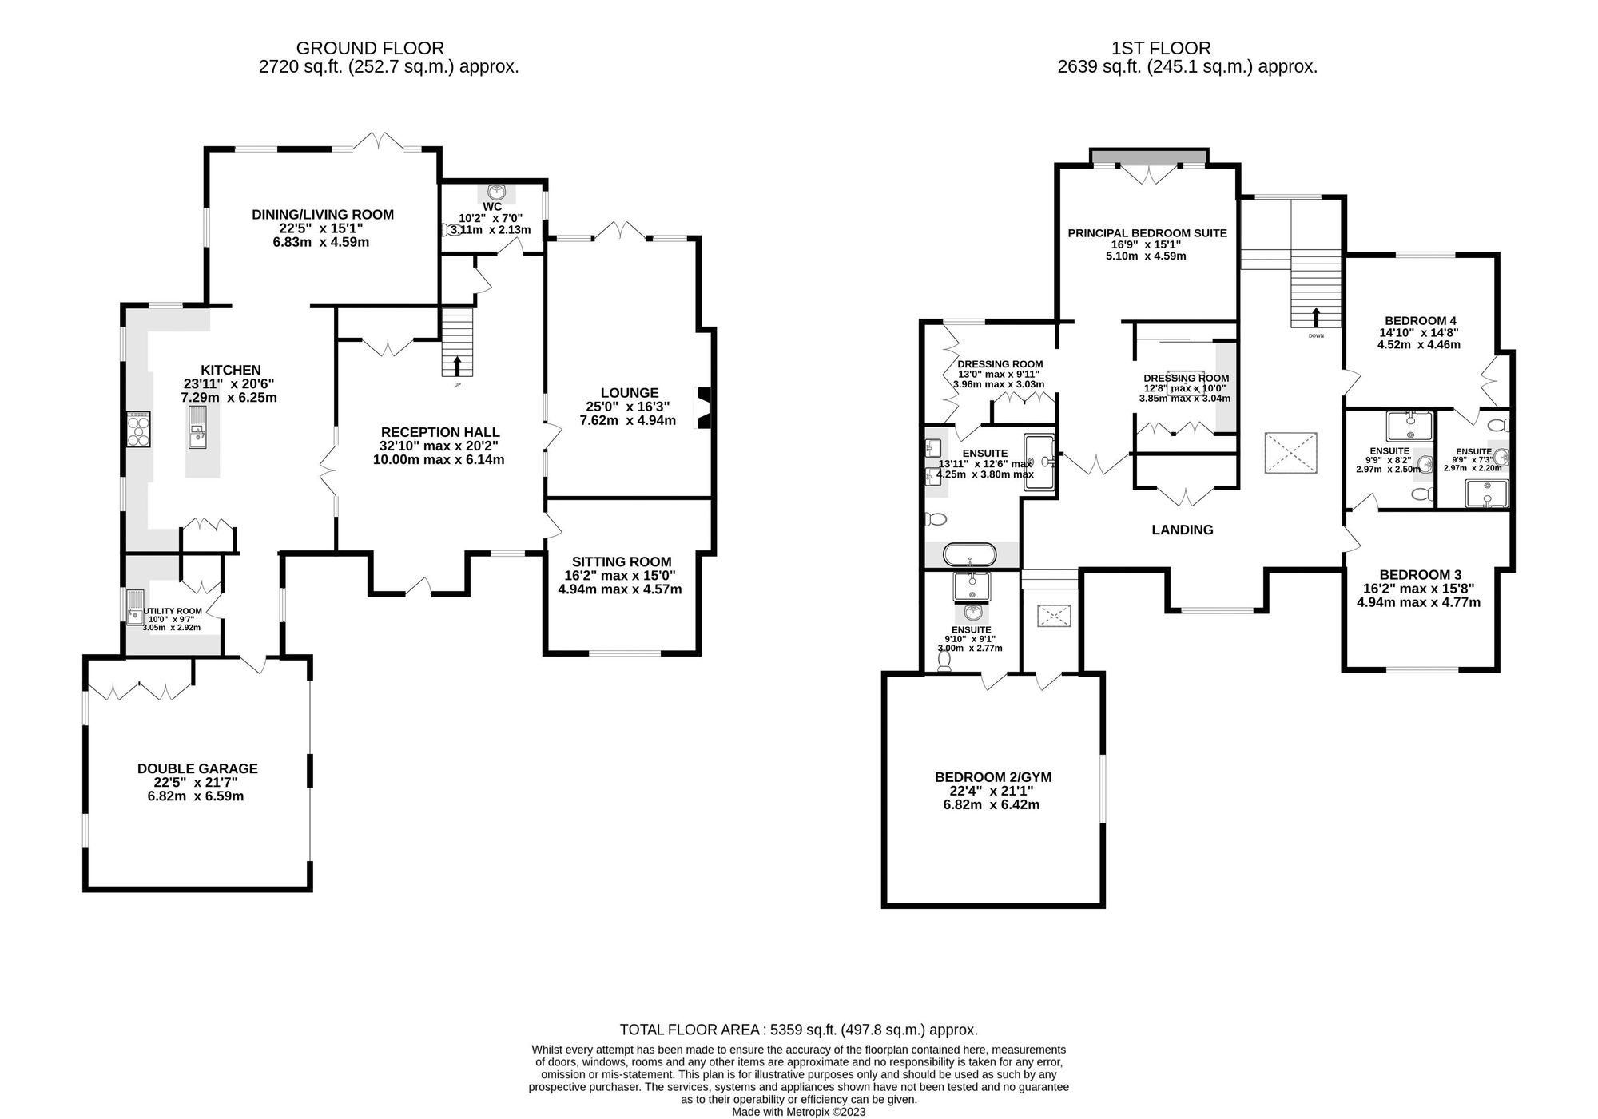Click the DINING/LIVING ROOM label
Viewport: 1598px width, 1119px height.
click(x=323, y=214)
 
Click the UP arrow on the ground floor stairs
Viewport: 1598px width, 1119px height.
click(x=457, y=367)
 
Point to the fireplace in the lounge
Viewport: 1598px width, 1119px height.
click(x=704, y=408)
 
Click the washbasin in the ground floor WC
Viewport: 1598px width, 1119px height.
click(x=497, y=192)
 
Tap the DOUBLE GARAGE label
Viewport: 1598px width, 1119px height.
click(x=197, y=768)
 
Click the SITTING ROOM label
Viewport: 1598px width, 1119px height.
click(x=621, y=561)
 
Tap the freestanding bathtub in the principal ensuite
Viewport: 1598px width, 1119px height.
click(x=970, y=554)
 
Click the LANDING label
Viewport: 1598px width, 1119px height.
click(x=1182, y=530)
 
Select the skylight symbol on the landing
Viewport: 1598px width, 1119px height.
click(x=1290, y=454)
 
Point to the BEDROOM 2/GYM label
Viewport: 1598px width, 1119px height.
click(x=993, y=776)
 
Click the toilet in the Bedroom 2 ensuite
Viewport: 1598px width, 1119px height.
click(x=945, y=663)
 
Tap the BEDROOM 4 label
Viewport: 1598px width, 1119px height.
click(x=1418, y=319)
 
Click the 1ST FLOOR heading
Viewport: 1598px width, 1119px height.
click(x=1187, y=48)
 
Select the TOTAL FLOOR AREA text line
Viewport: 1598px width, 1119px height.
click(x=798, y=1030)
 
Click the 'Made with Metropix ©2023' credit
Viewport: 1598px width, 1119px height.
click(x=798, y=1111)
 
